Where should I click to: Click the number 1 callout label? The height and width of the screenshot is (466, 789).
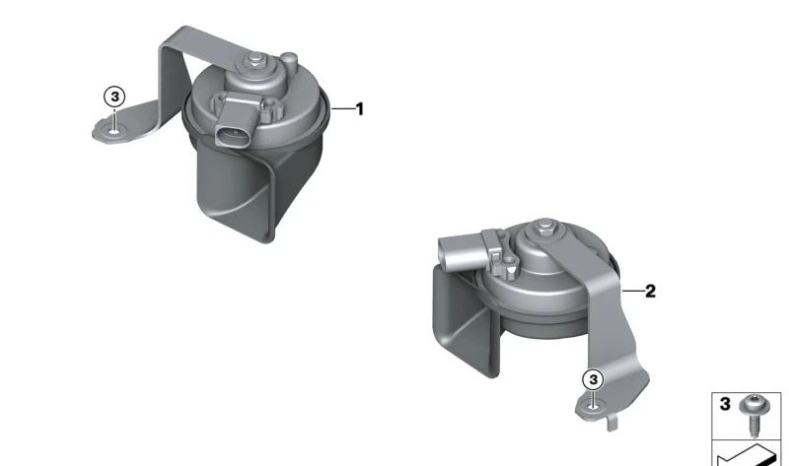[359, 109]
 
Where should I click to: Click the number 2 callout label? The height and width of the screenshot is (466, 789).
[650, 291]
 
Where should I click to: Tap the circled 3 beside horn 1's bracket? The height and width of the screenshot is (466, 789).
[114, 97]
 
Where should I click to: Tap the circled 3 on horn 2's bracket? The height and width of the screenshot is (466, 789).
[594, 379]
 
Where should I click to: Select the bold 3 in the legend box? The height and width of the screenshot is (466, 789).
[725, 404]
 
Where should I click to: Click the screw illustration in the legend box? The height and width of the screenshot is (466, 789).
[753, 415]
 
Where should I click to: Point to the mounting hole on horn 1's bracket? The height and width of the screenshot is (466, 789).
[115, 132]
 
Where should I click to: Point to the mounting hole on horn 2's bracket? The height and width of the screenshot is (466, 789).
[594, 406]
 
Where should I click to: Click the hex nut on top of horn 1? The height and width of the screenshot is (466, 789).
[255, 60]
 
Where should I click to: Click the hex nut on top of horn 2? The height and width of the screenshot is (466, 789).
[545, 228]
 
